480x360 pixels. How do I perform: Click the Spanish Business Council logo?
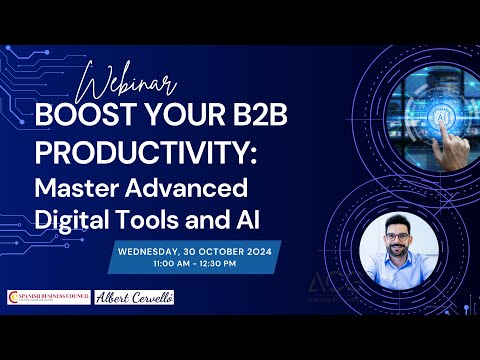pos(47,297)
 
